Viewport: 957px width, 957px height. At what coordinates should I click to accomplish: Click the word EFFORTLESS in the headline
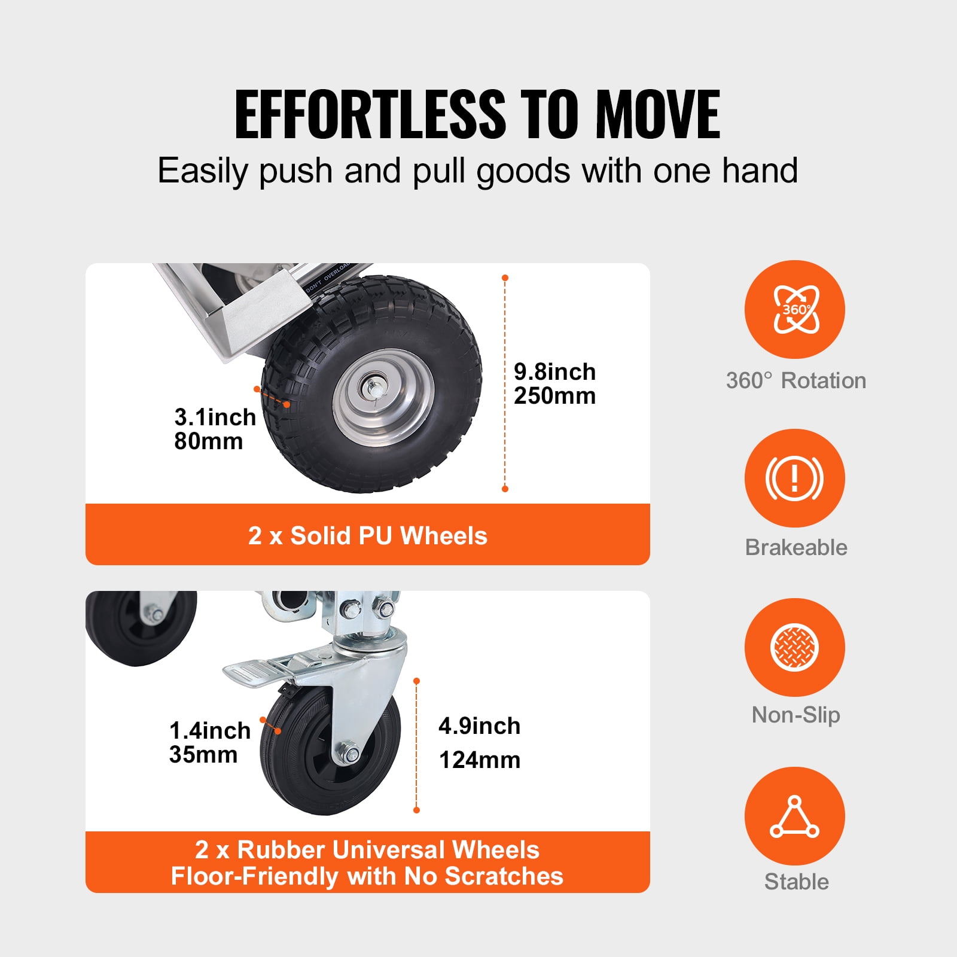[x=370, y=114]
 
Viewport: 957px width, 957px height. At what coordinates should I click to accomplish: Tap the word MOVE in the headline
[x=657, y=114]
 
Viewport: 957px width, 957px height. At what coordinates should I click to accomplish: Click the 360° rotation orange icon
[x=794, y=309]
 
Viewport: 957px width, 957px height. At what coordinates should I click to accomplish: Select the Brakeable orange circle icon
[x=794, y=478]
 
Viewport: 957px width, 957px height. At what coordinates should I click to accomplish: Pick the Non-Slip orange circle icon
[x=794, y=647]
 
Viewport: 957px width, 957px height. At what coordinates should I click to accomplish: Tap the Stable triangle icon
[x=794, y=816]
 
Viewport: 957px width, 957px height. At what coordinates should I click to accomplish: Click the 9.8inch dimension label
[x=554, y=372]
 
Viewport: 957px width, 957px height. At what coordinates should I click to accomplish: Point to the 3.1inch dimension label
[x=215, y=417]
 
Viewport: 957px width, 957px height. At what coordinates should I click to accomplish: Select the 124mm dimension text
[x=479, y=760]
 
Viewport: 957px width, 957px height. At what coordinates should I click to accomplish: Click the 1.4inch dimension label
[x=209, y=730]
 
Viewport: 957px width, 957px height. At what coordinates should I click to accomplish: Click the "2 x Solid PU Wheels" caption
[x=367, y=535]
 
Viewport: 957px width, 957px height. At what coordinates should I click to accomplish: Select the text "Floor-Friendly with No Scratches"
[x=367, y=876]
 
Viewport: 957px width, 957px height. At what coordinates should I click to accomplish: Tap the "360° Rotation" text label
[x=796, y=380]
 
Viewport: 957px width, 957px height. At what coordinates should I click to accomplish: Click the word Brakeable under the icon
[x=796, y=547]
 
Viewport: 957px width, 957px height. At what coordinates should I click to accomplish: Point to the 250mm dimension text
[x=554, y=396]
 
